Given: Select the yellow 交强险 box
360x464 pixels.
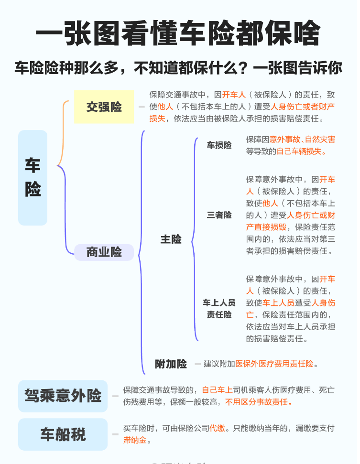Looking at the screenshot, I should pos(104,107).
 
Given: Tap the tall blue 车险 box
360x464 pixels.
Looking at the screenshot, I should pos(33,178).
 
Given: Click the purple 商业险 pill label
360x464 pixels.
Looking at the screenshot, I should pos(104,252).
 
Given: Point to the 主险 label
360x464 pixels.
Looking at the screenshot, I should pos(171,239).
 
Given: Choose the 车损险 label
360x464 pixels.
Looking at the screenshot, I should pos(219,145).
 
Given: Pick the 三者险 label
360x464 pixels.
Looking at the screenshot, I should pos(219,215).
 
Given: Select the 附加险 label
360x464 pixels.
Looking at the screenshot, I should pos(171,364).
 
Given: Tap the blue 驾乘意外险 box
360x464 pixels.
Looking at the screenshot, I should pos(63,396).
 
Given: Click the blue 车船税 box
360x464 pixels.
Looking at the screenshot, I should pos(63,434).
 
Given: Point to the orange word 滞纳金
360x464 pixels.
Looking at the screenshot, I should pos(135,440).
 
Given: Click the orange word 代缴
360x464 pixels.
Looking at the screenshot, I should pos(218,428).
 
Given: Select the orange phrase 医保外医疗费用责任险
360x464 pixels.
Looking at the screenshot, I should pos(274,364).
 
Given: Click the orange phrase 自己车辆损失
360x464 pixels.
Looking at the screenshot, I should pos(299,152).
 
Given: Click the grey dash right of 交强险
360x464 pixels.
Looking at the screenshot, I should pos(141,107).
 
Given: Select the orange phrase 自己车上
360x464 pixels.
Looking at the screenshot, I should pos(217,390).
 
